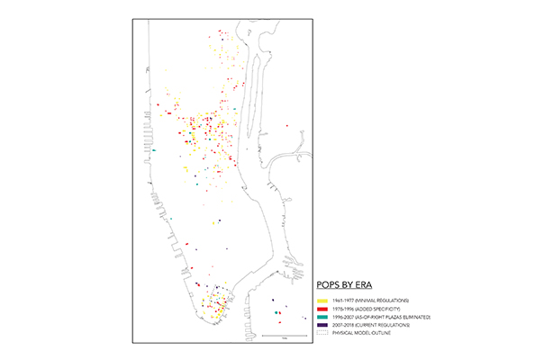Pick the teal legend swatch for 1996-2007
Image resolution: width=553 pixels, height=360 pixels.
point(321,317)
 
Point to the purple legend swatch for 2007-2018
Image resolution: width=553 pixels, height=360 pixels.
point(321,325)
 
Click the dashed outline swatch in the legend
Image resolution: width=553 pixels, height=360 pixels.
point(321,333)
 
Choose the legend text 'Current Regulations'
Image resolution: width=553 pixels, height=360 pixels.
point(389,325)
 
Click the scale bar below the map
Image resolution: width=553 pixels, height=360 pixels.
point(283,336)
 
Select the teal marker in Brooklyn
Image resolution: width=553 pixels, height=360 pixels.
point(276,312)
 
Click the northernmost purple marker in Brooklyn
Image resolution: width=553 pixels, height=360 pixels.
point(272,299)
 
